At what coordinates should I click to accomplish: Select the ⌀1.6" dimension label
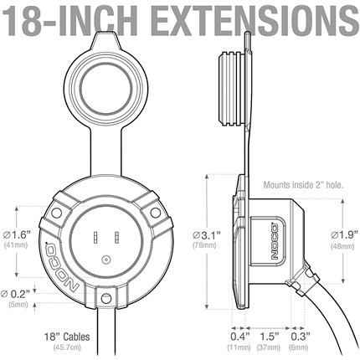point(17,235)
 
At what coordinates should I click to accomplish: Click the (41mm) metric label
point(16,245)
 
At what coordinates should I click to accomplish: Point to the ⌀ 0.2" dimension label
point(15,294)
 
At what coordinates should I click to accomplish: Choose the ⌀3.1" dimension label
point(206,235)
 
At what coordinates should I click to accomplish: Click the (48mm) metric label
point(342,247)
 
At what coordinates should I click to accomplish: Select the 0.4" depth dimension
point(239,337)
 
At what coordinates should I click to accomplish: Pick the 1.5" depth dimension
point(270,337)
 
